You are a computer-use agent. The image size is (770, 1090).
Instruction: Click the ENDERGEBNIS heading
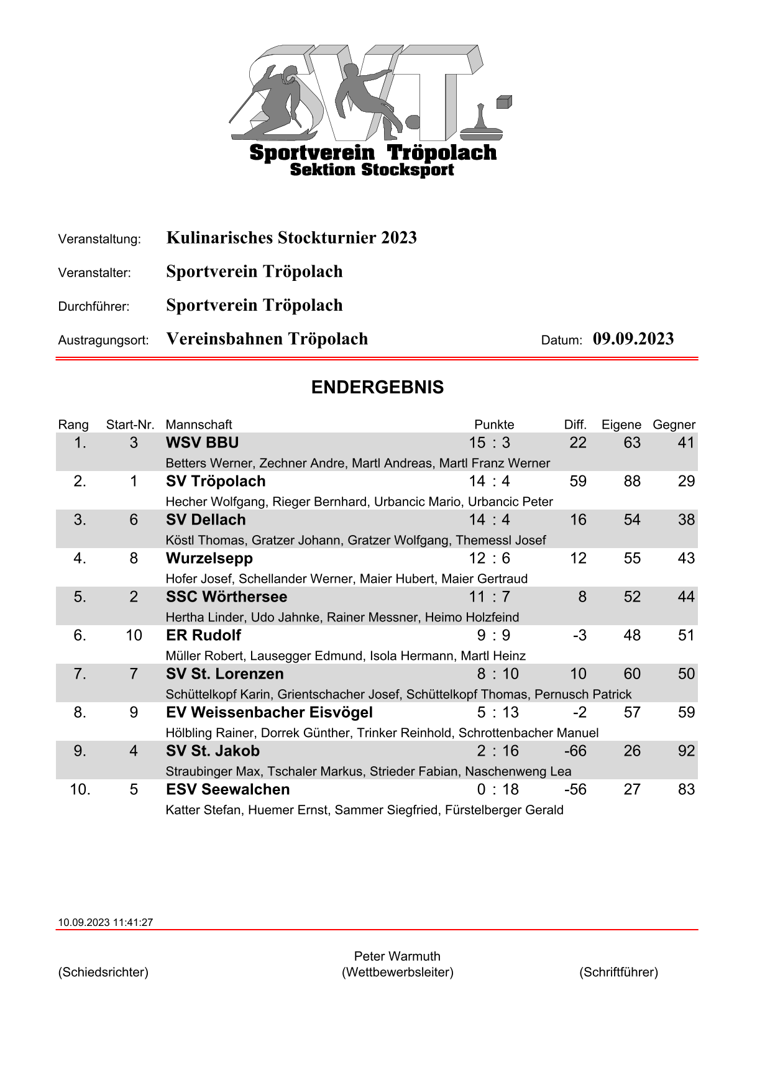pyautogui.click(x=377, y=387)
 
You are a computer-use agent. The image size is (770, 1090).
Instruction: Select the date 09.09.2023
pyautogui.click(x=633, y=339)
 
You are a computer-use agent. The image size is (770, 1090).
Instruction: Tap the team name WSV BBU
pyautogui.click(x=202, y=442)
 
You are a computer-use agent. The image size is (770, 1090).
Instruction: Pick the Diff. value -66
pyautogui.click(x=575, y=751)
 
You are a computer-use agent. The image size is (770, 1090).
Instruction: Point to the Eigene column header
pyautogui.click(x=621, y=424)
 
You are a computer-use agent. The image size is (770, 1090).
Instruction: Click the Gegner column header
pyautogui.click(x=674, y=424)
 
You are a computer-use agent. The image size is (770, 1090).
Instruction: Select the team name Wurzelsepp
pyautogui.click(x=209, y=558)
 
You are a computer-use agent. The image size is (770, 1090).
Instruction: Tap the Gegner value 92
pyautogui.click(x=686, y=751)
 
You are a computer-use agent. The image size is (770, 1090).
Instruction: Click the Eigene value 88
pyautogui.click(x=632, y=481)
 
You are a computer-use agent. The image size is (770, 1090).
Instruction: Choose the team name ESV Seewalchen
pyautogui.click(x=227, y=789)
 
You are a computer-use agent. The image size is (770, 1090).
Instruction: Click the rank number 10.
pyautogui.click(x=80, y=789)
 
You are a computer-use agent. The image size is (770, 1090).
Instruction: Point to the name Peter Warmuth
pyautogui.click(x=397, y=956)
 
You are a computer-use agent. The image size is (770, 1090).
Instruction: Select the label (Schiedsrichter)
pyautogui.click(x=103, y=972)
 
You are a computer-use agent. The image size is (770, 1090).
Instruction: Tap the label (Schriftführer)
pyautogui.click(x=618, y=972)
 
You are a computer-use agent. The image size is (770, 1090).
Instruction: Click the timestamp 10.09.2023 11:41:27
pyautogui.click(x=105, y=922)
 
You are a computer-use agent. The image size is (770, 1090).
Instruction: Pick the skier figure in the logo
pyautogui.click(x=273, y=103)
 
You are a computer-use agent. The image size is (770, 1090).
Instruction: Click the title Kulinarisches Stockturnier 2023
pyautogui.click(x=291, y=237)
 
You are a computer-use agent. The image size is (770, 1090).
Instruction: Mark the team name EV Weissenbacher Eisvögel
pyautogui.click(x=269, y=712)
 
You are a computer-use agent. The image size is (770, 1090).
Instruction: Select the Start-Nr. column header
pyautogui.click(x=130, y=424)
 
